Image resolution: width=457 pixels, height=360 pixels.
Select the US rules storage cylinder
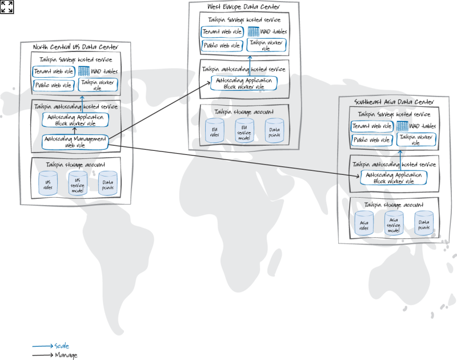[x=48, y=183]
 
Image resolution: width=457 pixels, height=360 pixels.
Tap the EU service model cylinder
[x=244, y=131]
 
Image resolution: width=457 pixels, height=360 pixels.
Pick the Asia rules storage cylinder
[x=364, y=223]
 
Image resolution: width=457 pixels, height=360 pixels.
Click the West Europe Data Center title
[x=243, y=6]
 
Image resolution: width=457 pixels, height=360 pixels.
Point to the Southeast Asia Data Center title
[x=394, y=102]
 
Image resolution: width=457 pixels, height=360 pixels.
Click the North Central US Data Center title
[x=75, y=47]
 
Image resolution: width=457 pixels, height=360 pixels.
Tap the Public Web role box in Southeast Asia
[x=372, y=139]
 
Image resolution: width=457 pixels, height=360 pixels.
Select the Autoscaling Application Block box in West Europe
[x=243, y=83]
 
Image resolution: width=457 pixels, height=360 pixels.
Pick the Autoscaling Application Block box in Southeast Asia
[x=393, y=177]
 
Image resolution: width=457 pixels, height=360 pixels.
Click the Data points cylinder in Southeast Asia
[x=423, y=223]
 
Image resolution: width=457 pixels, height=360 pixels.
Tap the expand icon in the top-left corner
[x=7, y=7]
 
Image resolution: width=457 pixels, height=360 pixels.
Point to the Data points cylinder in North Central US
[x=107, y=183]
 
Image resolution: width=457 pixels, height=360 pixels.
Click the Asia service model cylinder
[x=394, y=223]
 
